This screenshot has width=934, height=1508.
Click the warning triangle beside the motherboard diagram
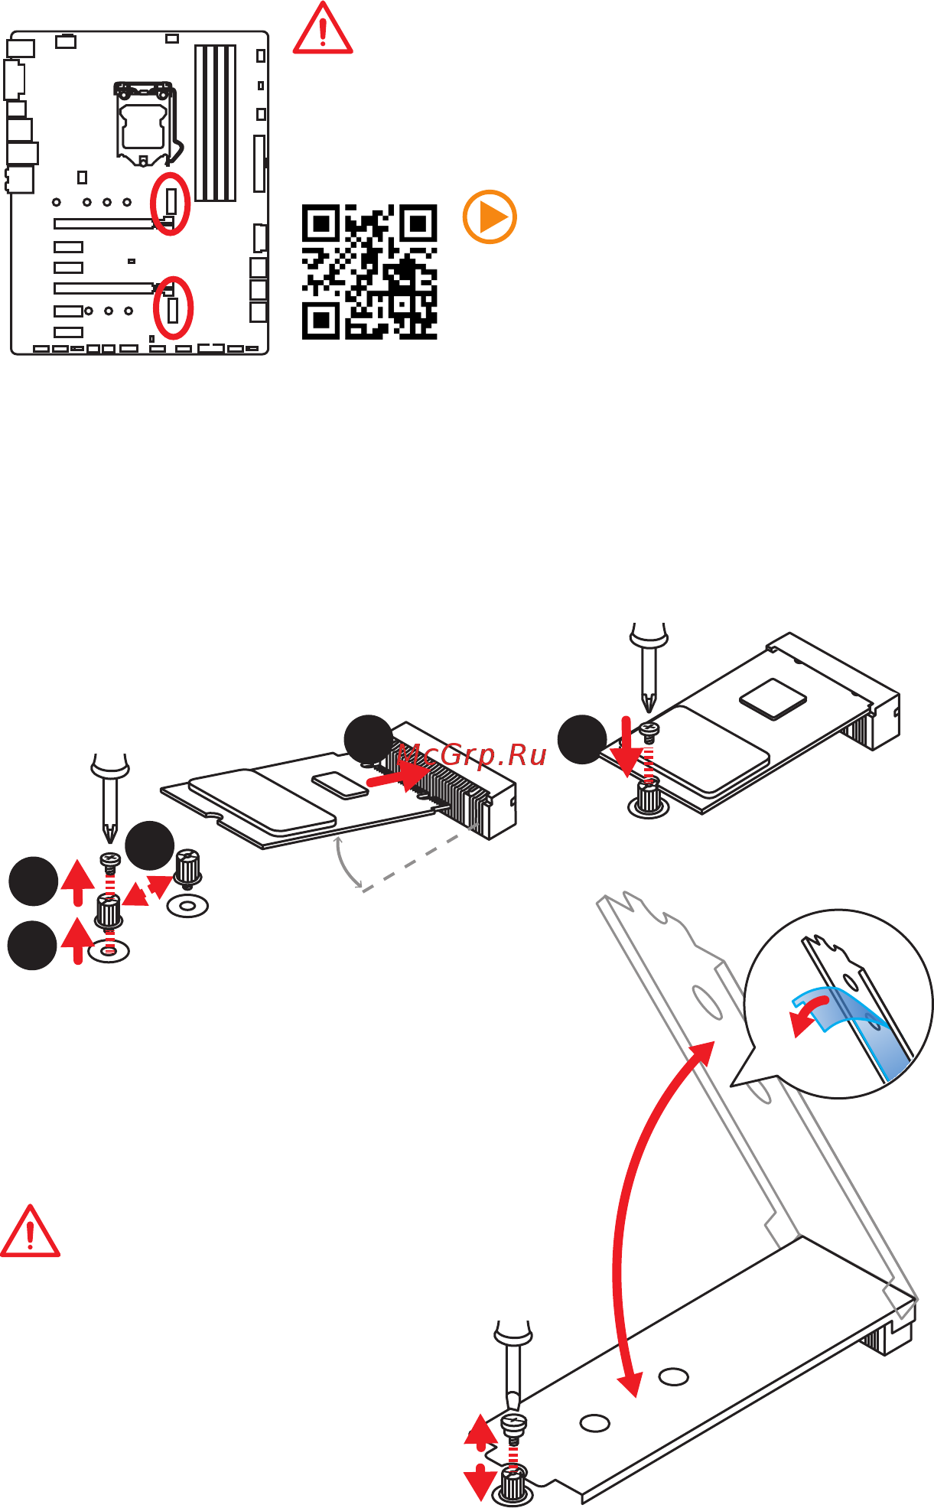pyautogui.click(x=323, y=29)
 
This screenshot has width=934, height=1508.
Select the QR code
pyautogui.click(x=369, y=272)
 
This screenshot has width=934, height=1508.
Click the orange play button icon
pyautogui.click(x=490, y=217)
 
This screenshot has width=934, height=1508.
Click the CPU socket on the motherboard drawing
pyautogui.click(x=144, y=123)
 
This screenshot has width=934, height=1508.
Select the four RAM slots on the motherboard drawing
pyautogui.click(x=215, y=122)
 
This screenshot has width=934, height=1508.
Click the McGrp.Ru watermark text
pyautogui.click(x=472, y=755)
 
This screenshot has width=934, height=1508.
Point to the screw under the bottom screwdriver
pyautogui.click(x=514, y=1425)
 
